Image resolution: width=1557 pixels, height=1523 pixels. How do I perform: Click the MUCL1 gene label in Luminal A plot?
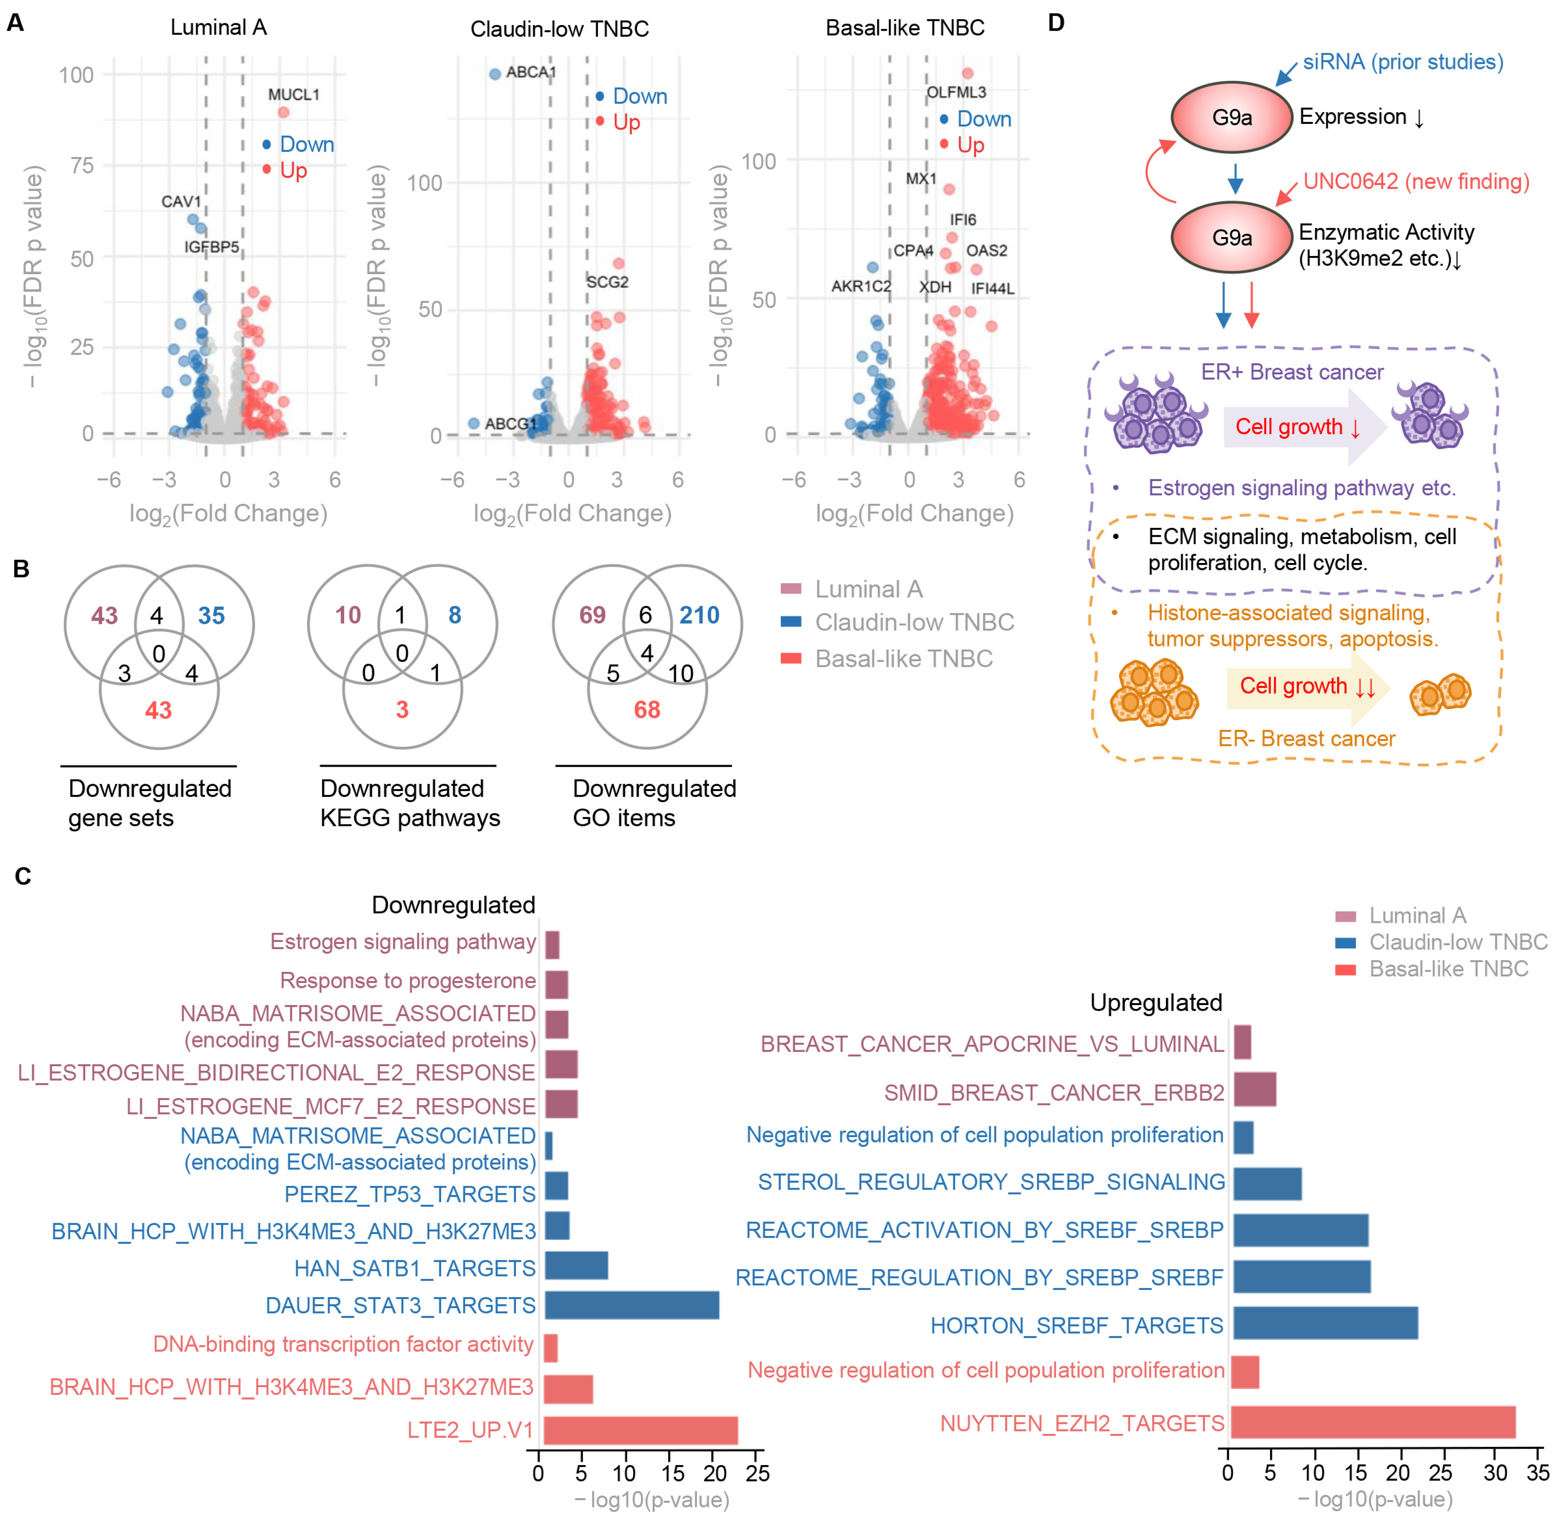294,94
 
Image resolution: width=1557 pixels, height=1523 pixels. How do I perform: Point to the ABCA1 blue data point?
495,74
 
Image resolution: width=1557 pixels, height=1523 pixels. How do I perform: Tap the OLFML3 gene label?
956,92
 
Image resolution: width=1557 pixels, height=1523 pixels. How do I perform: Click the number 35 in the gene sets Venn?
211,615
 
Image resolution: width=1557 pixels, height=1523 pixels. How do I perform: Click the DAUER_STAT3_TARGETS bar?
631,1305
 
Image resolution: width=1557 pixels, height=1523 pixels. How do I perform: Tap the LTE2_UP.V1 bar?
640,1430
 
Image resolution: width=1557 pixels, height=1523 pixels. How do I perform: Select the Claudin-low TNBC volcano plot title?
559,29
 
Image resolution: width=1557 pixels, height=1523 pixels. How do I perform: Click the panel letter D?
1056,23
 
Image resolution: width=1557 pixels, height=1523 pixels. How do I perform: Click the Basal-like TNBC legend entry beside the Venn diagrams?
903,658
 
